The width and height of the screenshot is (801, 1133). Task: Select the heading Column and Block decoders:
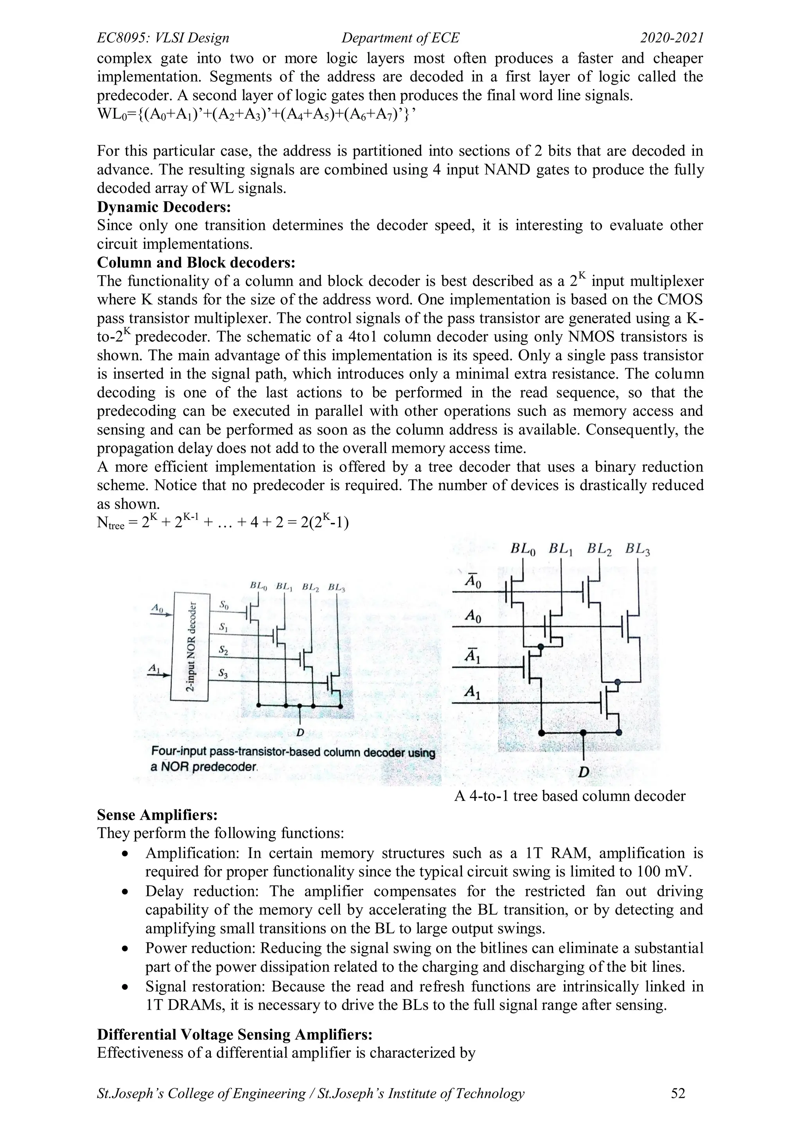coord(196,263)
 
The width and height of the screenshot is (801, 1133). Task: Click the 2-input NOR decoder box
coord(190,646)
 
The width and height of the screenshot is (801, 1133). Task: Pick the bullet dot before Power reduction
coord(126,948)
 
